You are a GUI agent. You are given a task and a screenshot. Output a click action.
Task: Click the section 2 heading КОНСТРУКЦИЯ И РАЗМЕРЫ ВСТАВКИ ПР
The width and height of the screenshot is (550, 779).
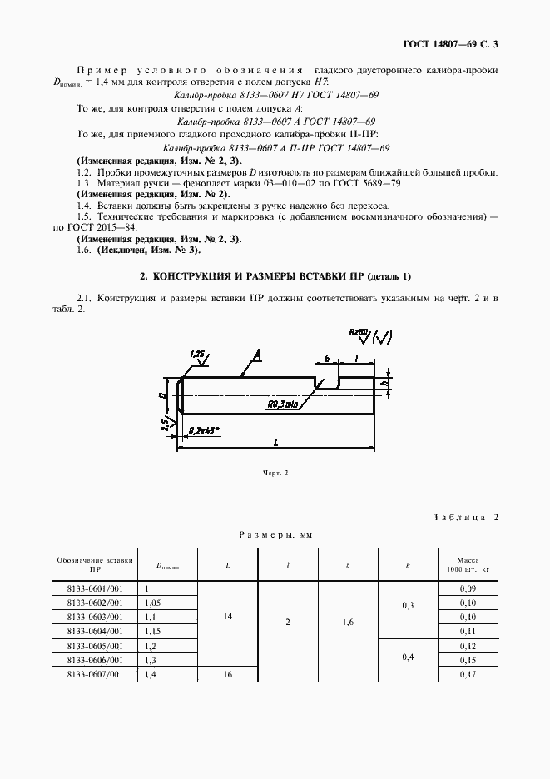click(x=275, y=275)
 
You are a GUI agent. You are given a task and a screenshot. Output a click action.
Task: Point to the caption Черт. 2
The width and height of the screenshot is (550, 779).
click(x=275, y=473)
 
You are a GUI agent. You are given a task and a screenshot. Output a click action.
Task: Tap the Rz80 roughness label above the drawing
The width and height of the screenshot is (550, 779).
click(x=359, y=333)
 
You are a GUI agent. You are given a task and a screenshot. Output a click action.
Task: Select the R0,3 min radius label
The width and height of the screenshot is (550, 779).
click(x=283, y=405)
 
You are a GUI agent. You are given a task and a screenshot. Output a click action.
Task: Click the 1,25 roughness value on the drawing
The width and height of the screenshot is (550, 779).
click(x=197, y=354)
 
